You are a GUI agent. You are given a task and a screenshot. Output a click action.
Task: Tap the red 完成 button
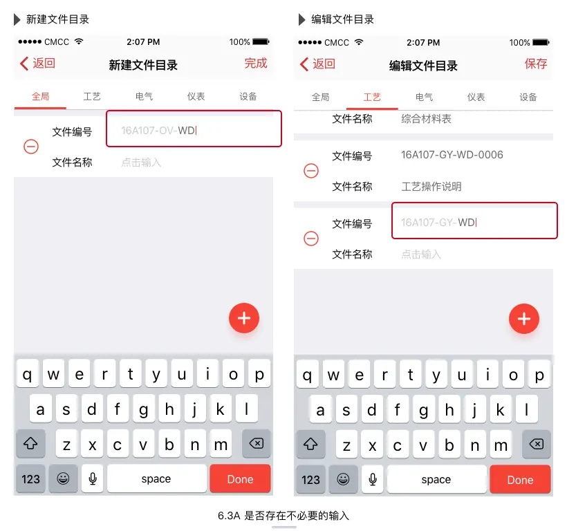(x=256, y=63)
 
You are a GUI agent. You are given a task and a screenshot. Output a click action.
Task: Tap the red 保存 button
(x=536, y=64)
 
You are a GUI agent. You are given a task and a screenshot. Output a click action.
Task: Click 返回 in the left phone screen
(x=37, y=64)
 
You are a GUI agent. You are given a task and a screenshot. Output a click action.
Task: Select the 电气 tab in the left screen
(x=144, y=97)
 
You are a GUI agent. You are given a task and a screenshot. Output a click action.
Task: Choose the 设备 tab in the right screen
(x=528, y=97)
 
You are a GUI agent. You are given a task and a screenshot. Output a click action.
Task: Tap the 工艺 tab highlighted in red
(x=372, y=97)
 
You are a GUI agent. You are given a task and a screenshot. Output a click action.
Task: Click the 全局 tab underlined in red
(x=40, y=97)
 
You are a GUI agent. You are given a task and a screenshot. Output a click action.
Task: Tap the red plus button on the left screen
(x=244, y=318)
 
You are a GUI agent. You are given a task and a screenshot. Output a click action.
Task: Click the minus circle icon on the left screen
(x=31, y=147)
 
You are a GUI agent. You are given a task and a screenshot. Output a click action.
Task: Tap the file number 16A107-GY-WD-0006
(x=452, y=155)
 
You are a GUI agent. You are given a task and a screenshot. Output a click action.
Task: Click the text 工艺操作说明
(x=431, y=187)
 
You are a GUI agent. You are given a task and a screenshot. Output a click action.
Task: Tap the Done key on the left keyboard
(x=240, y=479)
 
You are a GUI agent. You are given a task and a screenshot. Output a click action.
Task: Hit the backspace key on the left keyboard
(x=257, y=443)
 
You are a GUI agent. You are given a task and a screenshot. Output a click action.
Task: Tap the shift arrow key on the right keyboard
(x=310, y=445)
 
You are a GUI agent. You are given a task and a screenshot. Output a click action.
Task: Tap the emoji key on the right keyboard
(x=343, y=479)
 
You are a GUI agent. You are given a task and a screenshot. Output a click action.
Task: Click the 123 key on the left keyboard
(x=30, y=479)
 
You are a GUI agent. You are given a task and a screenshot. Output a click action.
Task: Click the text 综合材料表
(x=427, y=119)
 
